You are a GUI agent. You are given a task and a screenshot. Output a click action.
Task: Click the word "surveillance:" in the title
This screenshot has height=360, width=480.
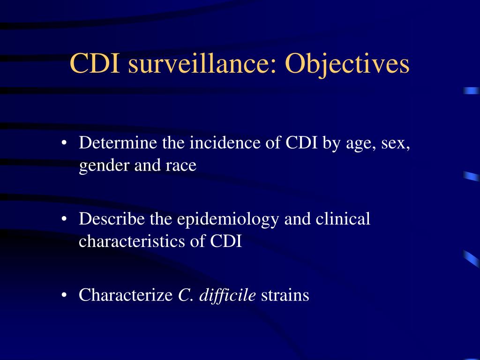pos(202,63)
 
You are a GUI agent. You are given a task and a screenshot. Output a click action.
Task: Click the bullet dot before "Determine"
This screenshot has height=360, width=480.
pos(64,142)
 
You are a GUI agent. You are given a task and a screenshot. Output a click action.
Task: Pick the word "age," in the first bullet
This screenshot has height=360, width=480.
pos(361,144)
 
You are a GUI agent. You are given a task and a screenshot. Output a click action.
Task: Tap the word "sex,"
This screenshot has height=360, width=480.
pos(396,144)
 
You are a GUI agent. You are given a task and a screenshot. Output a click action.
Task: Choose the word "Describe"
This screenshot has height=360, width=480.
pos(112,218)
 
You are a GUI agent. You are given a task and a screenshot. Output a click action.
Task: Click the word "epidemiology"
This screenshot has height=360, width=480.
pos(228,220)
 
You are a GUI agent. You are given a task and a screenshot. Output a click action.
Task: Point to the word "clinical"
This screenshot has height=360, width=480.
pos(343,218)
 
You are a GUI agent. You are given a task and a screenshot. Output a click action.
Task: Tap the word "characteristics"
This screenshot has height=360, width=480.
pos(132,241)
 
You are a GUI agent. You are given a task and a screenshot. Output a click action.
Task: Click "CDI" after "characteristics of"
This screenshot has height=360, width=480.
pos(226,241)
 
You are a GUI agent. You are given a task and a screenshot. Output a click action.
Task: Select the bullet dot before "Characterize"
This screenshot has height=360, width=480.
pos(64,295)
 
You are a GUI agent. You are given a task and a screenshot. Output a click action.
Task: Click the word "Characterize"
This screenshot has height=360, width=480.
pos(126,295)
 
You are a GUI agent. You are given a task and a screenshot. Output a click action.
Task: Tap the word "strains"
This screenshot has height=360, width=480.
pos(285,295)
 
